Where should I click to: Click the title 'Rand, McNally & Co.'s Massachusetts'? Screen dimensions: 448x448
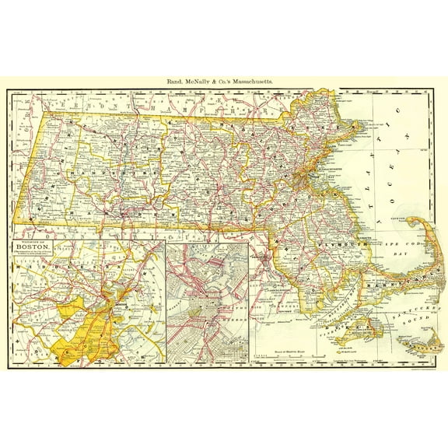223,80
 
